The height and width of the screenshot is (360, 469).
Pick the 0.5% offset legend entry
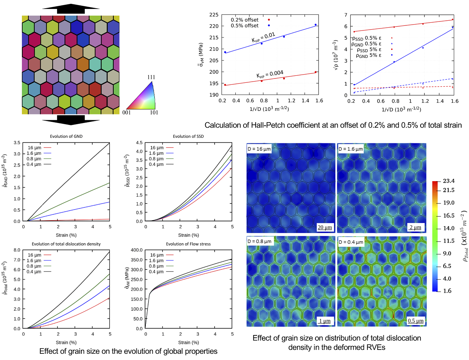[x=245, y=26]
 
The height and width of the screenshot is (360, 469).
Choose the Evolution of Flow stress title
[x=188, y=244]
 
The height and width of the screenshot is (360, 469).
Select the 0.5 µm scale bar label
[x=416, y=321]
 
